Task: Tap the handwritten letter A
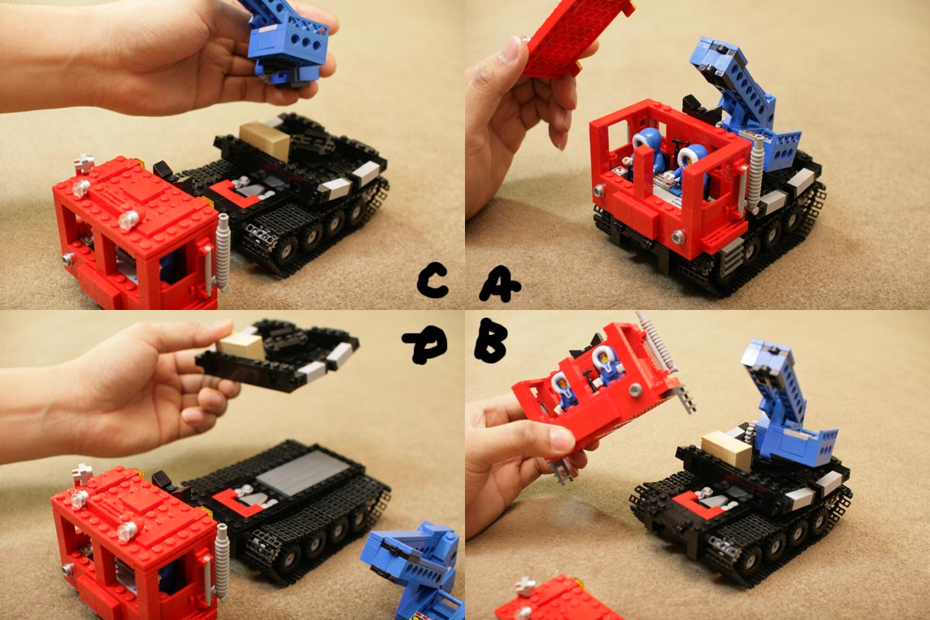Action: coord(500,285)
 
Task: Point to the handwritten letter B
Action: coord(491,340)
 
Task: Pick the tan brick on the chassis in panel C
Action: coord(264,140)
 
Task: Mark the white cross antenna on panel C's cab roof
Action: coord(83,164)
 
